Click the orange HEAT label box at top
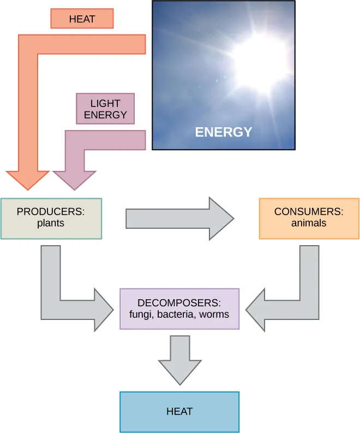pyautogui.click(x=82, y=19)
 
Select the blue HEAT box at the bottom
pyautogui.click(x=179, y=412)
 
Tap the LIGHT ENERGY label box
pyautogui.click(x=105, y=109)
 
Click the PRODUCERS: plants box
pyautogui.click(x=51, y=218)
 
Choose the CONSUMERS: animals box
pyautogui.click(x=309, y=218)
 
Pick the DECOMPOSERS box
pyautogui.click(x=179, y=309)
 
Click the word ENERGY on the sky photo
pyautogui.click(x=224, y=132)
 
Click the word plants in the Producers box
pyautogui.click(x=51, y=223)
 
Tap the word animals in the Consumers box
pyautogui.click(x=309, y=223)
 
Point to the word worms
pyautogui.click(x=214, y=315)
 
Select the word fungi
pyautogui.click(x=140, y=315)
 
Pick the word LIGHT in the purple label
pyautogui.click(x=105, y=104)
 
